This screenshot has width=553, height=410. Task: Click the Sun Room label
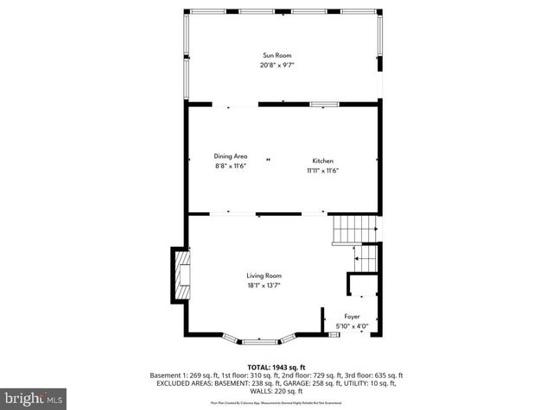click(277, 54)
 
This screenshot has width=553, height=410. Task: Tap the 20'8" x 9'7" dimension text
click(277, 65)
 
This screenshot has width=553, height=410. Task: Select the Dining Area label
click(231, 156)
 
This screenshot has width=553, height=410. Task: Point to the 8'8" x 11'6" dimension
click(231, 166)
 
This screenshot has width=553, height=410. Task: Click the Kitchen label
click(322, 161)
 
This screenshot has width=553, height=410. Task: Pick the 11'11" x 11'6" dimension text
click(322, 170)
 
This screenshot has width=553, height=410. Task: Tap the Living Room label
click(264, 275)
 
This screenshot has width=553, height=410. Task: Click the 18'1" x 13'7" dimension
click(264, 285)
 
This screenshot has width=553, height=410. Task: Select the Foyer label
click(352, 316)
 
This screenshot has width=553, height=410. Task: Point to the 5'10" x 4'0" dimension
click(352, 325)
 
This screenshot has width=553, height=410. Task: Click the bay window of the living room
click(259, 337)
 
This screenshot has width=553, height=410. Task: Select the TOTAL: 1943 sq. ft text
click(276, 367)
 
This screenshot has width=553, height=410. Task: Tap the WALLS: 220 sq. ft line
click(276, 391)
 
